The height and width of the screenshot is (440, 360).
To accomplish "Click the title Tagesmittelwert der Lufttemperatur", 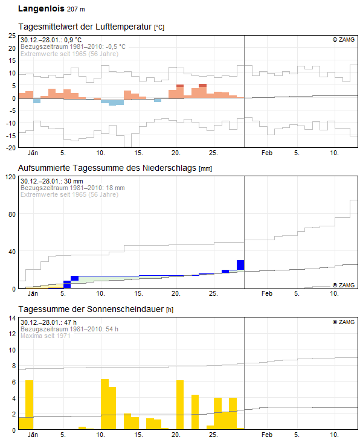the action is tap(85, 27).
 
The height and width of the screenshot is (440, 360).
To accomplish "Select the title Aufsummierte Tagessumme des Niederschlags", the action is tap(107, 168).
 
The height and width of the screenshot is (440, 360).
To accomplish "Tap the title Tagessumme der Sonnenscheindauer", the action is tap(91, 309).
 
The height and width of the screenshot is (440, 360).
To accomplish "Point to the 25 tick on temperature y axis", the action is tap(12, 36).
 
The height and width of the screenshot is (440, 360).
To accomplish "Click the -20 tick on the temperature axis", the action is tap(11, 148).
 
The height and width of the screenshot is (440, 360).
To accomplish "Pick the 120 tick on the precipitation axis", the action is tap(11, 177).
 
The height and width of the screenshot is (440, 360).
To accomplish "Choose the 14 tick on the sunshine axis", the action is tap(12, 318).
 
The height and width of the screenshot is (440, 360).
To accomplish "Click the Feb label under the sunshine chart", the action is tap(267, 435).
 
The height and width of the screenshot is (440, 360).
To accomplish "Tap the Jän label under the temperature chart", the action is tap(33, 153).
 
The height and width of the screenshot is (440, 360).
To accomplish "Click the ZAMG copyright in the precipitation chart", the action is tap(344, 285).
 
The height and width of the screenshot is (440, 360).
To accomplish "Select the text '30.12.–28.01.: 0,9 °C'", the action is tap(51, 40).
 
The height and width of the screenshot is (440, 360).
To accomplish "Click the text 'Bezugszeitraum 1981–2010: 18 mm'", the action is tap(72, 188).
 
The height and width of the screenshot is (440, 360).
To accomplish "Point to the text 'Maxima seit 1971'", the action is tap(45, 336).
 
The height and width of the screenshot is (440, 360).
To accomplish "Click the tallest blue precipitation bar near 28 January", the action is tap(240, 265).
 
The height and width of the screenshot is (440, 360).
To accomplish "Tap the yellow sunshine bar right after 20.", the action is tap(180, 404).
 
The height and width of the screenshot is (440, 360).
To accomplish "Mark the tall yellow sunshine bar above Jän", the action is tap(29, 404).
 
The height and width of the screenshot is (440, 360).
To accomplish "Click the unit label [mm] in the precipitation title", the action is tap(205, 168).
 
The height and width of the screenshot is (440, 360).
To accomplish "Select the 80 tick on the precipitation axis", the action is tap(12, 214).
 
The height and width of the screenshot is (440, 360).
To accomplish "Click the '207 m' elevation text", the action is tap(76, 9).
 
